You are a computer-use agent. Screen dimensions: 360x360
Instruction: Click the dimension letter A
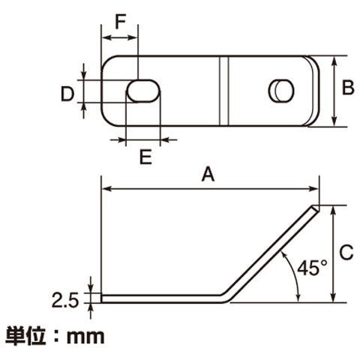[x=208, y=175]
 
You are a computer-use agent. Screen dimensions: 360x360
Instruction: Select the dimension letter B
[x=348, y=88]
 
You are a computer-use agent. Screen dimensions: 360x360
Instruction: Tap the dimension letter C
[x=346, y=252]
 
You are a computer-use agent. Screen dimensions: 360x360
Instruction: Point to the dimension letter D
[x=67, y=94]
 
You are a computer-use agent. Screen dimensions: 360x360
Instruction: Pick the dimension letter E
[x=145, y=157]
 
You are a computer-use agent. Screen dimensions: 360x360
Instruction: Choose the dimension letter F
[x=120, y=22]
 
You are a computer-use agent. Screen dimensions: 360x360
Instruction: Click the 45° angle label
[x=312, y=268]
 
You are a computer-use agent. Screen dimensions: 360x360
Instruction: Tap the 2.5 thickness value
[x=65, y=300]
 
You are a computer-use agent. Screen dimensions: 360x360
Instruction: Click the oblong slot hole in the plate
[x=143, y=91]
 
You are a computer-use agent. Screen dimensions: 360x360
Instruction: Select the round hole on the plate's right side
[x=281, y=91]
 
